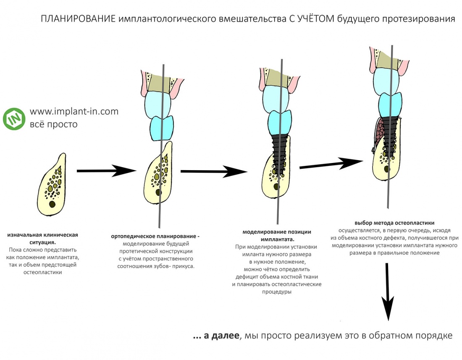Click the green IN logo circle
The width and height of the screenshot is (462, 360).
(x=14, y=119)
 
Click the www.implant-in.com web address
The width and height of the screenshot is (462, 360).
(x=74, y=112)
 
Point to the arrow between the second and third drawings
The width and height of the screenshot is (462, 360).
(x=213, y=171)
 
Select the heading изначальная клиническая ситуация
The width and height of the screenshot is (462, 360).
(x=42, y=239)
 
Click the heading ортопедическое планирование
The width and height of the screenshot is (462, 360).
(x=155, y=236)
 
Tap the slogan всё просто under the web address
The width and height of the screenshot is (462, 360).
(x=53, y=124)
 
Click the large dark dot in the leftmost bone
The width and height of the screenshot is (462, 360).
(x=52, y=204)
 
